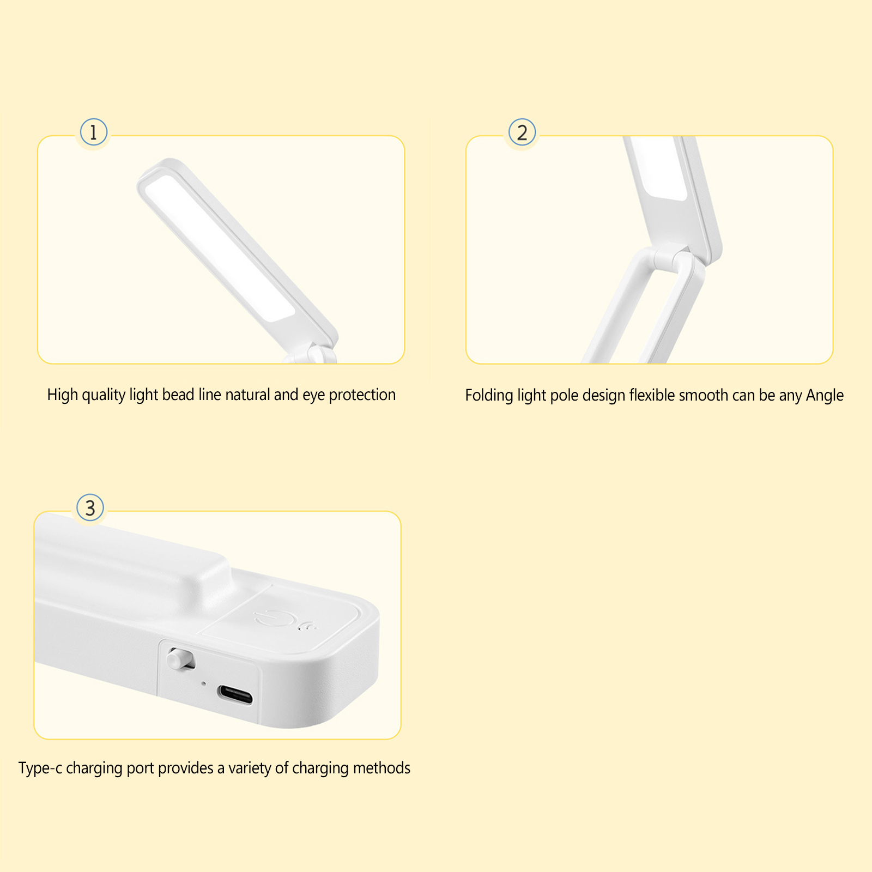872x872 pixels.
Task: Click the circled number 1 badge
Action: pyautogui.click(x=93, y=132)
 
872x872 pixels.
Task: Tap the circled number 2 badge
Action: pyautogui.click(x=522, y=132)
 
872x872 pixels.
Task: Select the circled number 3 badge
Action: pyautogui.click(x=90, y=508)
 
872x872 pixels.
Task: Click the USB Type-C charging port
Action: pyautogui.click(x=235, y=694)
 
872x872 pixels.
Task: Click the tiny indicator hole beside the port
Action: pyautogui.click(x=204, y=683)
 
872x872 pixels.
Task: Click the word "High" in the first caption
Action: pyautogui.click(x=63, y=395)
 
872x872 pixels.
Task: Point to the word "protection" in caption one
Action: pyautogui.click(x=362, y=395)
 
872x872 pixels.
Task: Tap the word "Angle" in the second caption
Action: pyautogui.click(x=825, y=396)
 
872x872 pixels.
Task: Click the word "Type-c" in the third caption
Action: pyautogui.click(x=40, y=768)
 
